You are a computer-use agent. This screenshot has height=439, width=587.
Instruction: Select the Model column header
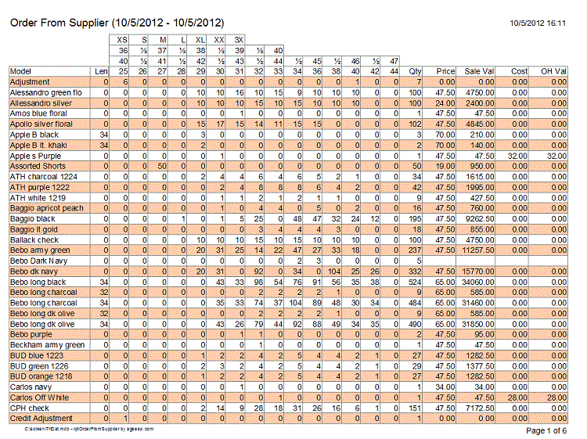coord(21,71)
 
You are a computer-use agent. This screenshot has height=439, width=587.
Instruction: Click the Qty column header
coord(416,71)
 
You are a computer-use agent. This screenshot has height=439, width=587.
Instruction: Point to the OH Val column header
coord(553,71)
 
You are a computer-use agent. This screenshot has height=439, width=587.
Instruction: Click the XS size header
coord(122,39)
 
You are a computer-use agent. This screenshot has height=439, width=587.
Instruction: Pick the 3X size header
coord(239,39)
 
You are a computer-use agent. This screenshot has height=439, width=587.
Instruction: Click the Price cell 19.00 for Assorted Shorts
coord(445,166)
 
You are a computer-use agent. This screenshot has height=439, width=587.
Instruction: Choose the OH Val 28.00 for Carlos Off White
coord(556,398)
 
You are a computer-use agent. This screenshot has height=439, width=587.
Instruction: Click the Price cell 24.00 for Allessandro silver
coord(445,103)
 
